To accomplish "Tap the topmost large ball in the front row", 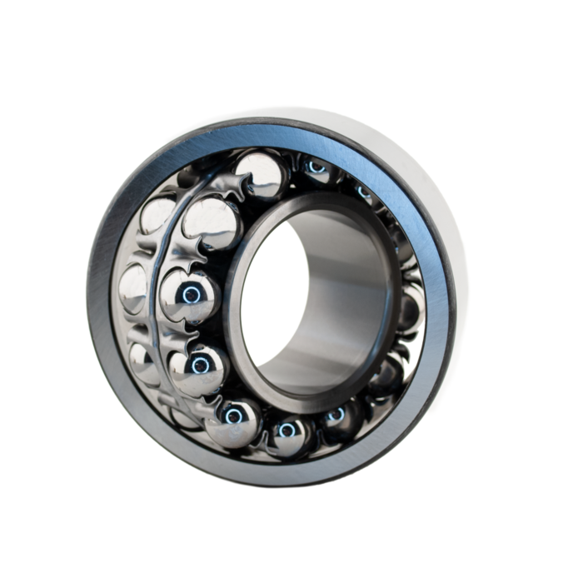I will tap(260, 173).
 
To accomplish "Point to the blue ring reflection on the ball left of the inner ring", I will tap(192, 294).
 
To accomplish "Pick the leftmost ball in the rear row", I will tap(133, 287).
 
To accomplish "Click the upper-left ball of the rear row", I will tap(158, 215).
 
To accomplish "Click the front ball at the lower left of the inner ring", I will tap(198, 369).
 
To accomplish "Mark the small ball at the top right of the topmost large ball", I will tap(316, 169).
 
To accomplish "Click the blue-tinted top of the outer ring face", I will tap(275, 133).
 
